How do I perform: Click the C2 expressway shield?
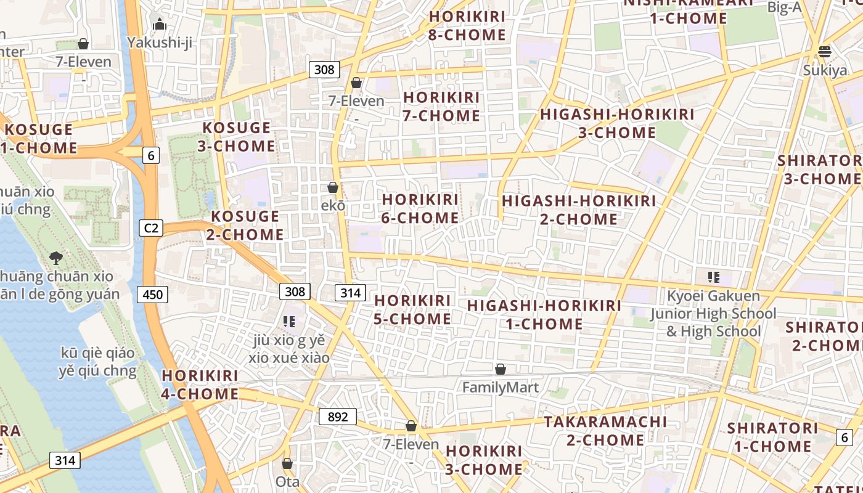pos(151,228)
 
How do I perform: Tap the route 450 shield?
pos(152,295)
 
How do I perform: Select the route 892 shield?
pos(338,417)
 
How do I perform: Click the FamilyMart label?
pos(501,388)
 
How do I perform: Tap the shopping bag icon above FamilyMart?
pos(501,369)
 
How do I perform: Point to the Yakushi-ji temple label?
pos(160,42)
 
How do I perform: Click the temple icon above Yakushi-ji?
pos(160,25)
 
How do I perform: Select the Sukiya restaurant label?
pos(825,70)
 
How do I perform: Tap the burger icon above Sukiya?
pos(825,51)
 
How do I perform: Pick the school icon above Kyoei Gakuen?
pos(714,277)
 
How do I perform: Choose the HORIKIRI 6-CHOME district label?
pos(420,209)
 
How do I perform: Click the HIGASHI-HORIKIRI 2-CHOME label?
pos(579,210)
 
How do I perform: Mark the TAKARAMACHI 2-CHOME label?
pos(605,431)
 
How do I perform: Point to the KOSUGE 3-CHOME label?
pos(237,137)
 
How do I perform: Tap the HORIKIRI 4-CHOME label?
pos(200,385)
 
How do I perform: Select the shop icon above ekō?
pos(333,187)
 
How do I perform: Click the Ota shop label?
pos(287,481)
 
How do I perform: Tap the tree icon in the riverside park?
pos(56,258)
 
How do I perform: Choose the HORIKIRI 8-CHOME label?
pos(467,26)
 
